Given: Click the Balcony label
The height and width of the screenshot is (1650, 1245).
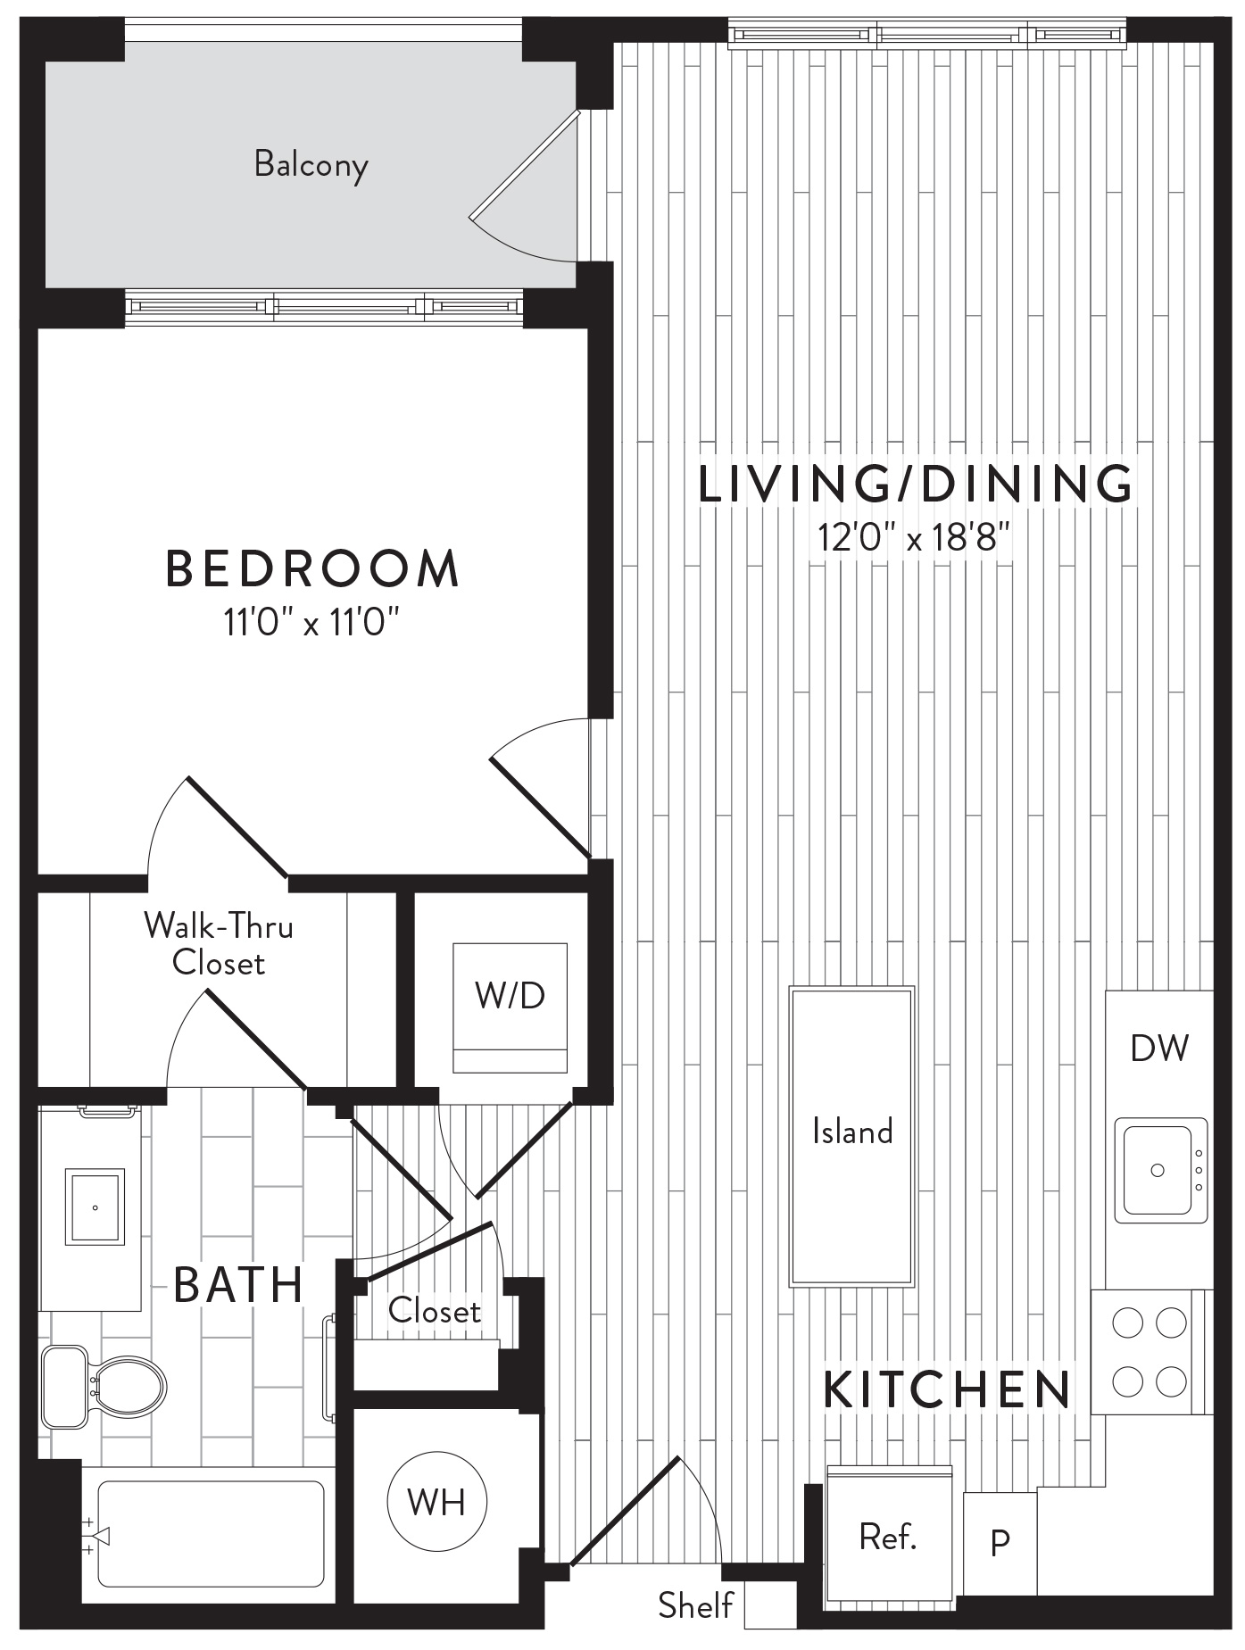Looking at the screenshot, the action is click(311, 165).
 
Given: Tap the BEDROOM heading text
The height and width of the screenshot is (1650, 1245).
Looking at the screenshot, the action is click(312, 569).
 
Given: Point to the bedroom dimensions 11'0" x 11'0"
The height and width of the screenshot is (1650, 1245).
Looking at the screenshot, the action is click(311, 622).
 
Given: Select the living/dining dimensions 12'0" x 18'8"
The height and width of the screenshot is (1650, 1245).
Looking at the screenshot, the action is click(914, 537).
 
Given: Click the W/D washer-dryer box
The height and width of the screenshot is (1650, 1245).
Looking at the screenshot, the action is click(510, 1007).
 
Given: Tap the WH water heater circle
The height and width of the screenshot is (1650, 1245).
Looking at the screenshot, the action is click(437, 1501).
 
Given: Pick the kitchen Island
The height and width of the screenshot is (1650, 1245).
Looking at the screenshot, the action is click(851, 1136).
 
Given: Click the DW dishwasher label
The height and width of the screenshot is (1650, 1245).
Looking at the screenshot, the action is click(1159, 1049).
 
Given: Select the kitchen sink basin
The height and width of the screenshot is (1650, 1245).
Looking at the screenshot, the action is click(1158, 1170).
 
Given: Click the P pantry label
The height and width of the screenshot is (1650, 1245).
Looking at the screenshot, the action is click(1000, 1541).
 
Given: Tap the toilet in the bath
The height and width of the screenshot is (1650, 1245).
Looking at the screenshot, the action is click(104, 1386).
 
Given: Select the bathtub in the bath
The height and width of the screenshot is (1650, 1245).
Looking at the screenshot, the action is click(211, 1534).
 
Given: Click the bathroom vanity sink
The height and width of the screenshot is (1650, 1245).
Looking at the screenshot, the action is click(95, 1207).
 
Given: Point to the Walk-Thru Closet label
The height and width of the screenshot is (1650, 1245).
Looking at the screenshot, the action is click(219, 944).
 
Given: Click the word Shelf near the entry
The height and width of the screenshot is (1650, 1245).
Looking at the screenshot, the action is click(695, 1605).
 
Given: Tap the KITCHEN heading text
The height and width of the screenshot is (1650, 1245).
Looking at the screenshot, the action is click(947, 1389).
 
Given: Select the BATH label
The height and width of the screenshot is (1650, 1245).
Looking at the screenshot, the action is click(239, 1285).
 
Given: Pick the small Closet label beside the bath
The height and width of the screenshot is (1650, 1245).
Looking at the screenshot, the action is click(435, 1311).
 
